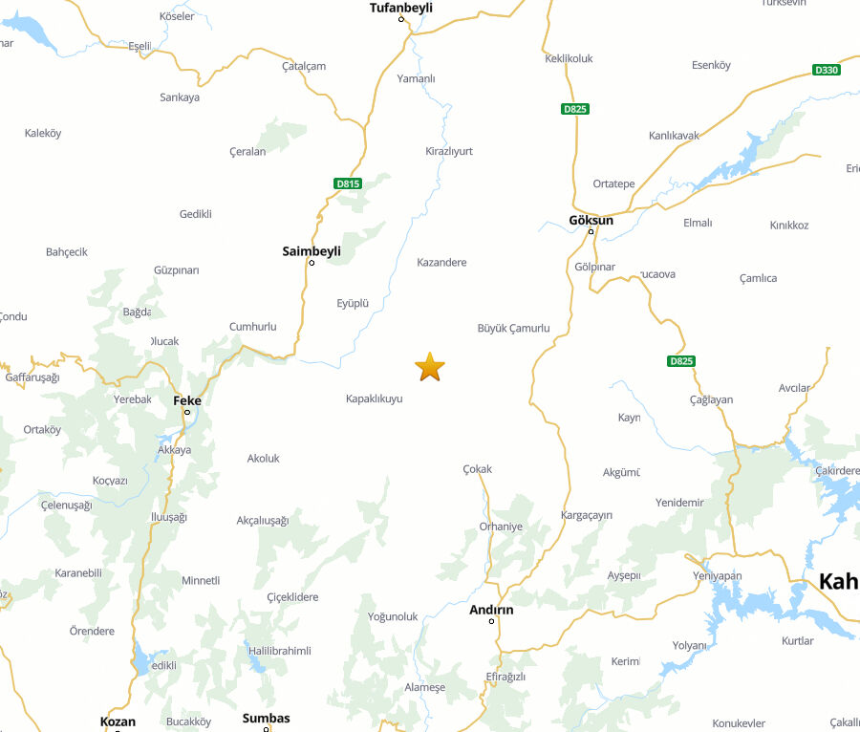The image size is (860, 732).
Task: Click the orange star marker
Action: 430,366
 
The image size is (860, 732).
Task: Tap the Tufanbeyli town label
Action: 401,8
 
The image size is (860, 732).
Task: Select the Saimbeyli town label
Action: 312,251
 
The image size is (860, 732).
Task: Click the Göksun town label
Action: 591,220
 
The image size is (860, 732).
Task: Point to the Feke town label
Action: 187,400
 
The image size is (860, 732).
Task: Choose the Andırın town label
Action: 491,610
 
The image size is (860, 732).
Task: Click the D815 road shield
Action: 348,183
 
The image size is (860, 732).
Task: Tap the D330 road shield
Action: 826,70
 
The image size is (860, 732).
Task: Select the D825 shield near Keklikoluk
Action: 575,109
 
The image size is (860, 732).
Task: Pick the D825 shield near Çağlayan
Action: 680,361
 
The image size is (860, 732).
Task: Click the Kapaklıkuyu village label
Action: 375,398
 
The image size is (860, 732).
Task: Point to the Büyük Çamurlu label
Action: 514,328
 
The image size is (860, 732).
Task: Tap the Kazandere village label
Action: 441,262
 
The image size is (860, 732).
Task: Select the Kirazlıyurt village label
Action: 449,151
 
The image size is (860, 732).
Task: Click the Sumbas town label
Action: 266,718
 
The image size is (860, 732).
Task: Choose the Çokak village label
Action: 477,469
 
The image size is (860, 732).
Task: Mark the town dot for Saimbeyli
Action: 312,263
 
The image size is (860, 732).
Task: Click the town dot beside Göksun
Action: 591,231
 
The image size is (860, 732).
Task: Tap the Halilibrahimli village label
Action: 280,650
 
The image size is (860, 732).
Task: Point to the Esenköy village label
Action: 711,65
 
